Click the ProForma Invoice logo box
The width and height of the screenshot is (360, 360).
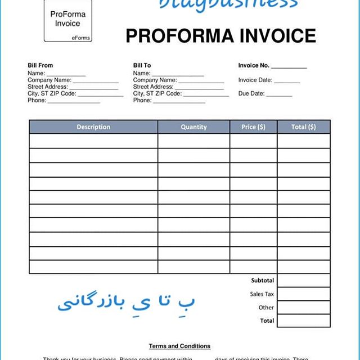(67, 21)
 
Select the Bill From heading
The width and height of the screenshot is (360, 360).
(40, 66)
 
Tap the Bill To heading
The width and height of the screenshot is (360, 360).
(142, 66)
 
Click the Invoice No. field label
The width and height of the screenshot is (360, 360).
(253, 66)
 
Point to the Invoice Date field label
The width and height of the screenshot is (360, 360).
(255, 80)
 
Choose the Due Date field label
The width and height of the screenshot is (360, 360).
(251, 93)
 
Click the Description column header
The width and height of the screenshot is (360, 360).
(93, 127)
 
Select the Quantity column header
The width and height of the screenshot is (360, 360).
(193, 127)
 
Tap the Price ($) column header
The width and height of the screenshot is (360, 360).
(253, 127)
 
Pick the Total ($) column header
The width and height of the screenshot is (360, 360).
(303, 127)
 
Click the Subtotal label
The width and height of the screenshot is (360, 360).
(263, 280)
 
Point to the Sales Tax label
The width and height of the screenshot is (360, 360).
(262, 294)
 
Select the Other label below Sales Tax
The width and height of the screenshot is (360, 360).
(266, 307)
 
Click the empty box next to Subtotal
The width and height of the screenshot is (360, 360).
(303, 280)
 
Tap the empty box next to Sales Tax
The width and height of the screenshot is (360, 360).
(303, 294)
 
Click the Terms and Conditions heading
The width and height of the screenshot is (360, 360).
(179, 346)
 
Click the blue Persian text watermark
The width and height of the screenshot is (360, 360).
(127, 301)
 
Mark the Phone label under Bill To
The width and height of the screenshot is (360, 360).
(142, 100)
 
